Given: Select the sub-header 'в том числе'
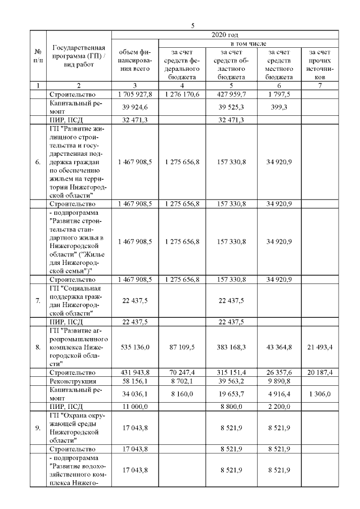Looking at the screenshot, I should (249, 43).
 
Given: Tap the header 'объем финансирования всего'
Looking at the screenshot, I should (135, 61).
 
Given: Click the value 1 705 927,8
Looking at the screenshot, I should (135, 94).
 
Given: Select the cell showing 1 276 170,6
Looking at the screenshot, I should (183, 94).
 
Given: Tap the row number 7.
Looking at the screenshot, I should (38, 300).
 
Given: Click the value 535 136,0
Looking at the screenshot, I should (135, 348).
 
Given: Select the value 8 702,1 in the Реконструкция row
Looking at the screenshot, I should (183, 381).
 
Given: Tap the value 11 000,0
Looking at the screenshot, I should (135, 405).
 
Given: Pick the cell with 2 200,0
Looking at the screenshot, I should (280, 405).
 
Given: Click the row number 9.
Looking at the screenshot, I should (38, 429).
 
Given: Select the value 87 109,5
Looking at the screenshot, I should (183, 348).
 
